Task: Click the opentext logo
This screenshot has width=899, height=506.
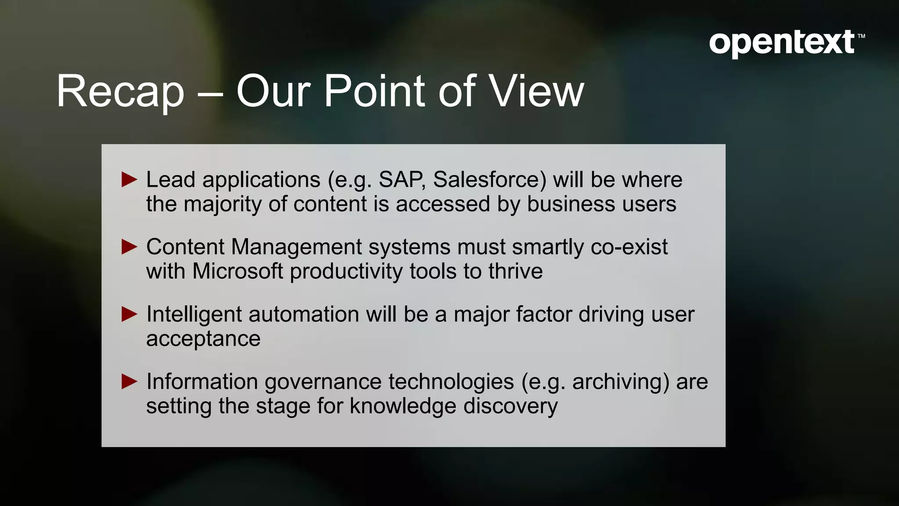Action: (782, 43)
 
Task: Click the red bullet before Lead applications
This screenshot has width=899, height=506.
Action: (129, 180)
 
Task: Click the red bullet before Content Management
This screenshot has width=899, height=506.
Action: (129, 247)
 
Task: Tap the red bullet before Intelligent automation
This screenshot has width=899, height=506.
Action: (129, 314)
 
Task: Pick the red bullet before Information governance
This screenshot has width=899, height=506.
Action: (129, 381)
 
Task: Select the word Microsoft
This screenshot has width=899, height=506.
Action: (237, 271)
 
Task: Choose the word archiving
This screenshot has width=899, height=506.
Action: (620, 382)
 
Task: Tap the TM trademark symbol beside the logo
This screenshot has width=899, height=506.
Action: (861, 36)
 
